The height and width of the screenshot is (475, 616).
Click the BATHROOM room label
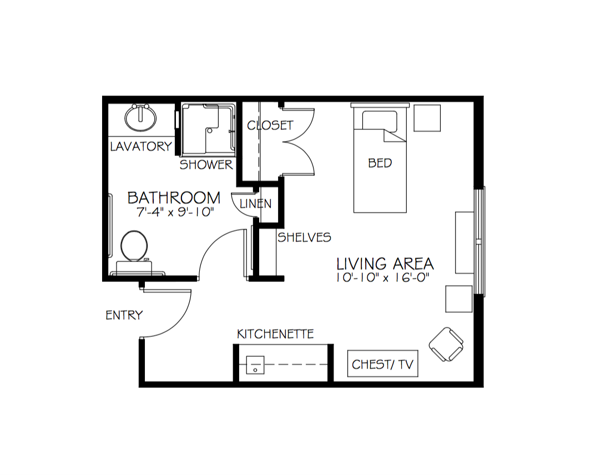click(174, 198)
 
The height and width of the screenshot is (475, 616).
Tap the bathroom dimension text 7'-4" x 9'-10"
click(175, 212)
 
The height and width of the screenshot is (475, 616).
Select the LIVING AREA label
click(385, 264)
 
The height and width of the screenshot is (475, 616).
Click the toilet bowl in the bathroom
click(134, 246)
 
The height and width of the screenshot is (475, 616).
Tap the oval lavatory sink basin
click(140, 118)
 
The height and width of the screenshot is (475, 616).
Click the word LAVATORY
click(141, 146)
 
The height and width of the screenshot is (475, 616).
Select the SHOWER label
click(206, 165)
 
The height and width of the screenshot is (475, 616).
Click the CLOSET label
click(270, 125)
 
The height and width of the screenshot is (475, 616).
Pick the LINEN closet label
click(255, 204)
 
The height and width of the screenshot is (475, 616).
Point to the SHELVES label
click(305, 237)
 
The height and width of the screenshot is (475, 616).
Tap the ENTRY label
click(124, 315)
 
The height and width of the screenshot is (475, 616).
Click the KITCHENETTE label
click(275, 334)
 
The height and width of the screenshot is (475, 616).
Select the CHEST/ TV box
click(383, 364)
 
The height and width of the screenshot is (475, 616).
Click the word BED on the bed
click(380, 163)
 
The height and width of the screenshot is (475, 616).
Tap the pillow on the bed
click(380, 120)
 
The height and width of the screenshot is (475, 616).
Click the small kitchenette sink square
click(255, 365)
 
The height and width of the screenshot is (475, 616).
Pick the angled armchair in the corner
click(446, 344)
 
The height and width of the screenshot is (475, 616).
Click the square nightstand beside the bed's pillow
click(427, 118)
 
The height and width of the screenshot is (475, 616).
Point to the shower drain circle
click(210, 130)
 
